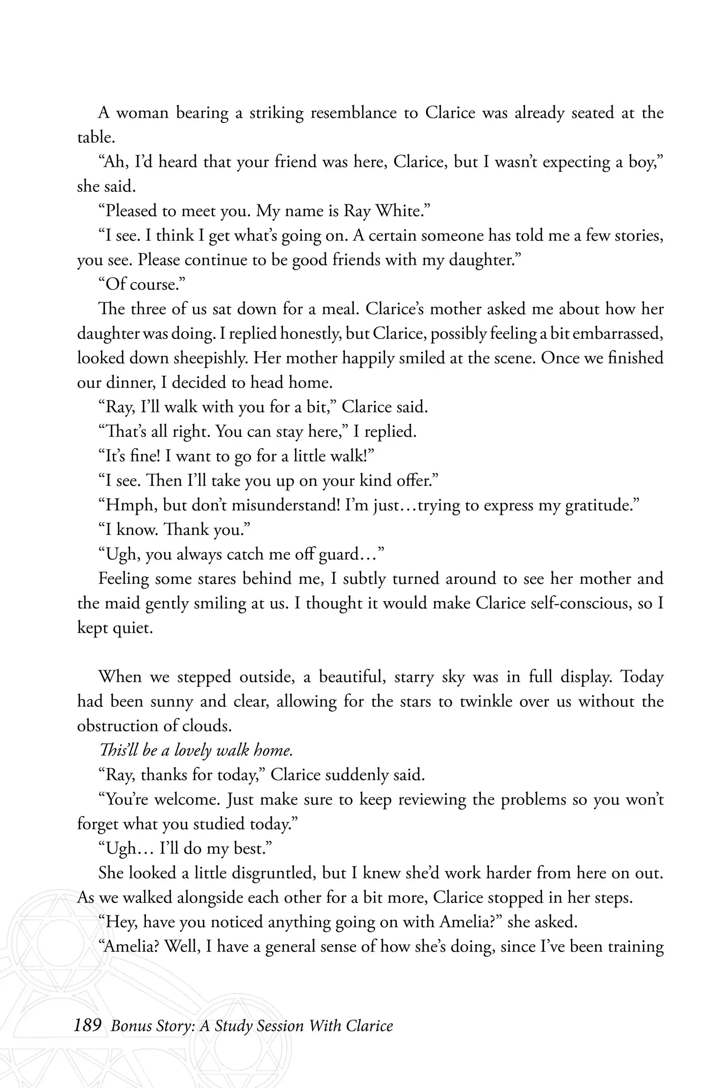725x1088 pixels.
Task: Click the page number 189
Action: [87, 1025]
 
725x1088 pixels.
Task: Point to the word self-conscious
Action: [581, 603]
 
